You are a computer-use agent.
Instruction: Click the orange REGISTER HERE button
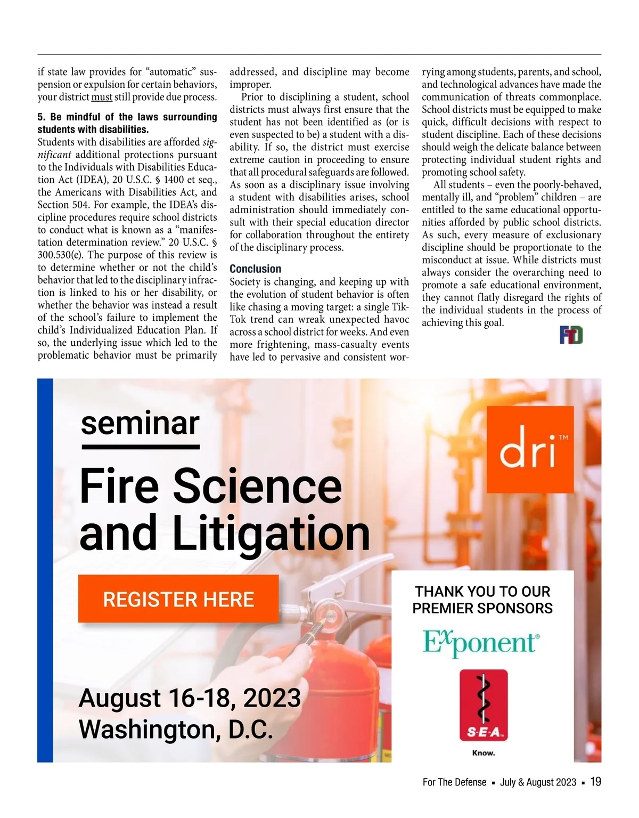pyautogui.click(x=178, y=599)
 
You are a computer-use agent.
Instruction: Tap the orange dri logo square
pyautogui.click(x=530, y=449)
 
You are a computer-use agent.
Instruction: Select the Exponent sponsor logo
pyautogui.click(x=481, y=642)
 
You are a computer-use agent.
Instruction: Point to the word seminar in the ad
pyautogui.click(x=140, y=423)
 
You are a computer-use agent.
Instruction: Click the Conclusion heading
pyautogui.click(x=256, y=269)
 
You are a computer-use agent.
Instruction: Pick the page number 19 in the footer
pyautogui.click(x=596, y=782)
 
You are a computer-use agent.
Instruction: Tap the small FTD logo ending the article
pyautogui.click(x=571, y=335)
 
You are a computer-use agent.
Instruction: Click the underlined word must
pyautogui.click(x=102, y=98)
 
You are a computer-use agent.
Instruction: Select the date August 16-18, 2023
pyautogui.click(x=190, y=698)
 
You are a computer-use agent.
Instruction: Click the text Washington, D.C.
pyautogui.click(x=176, y=730)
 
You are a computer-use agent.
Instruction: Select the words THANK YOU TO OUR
pyautogui.click(x=482, y=592)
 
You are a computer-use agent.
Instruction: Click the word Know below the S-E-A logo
pyautogui.click(x=484, y=753)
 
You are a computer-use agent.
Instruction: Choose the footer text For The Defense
pyautogui.click(x=454, y=782)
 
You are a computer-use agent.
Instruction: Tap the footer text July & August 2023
pyautogui.click(x=538, y=782)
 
